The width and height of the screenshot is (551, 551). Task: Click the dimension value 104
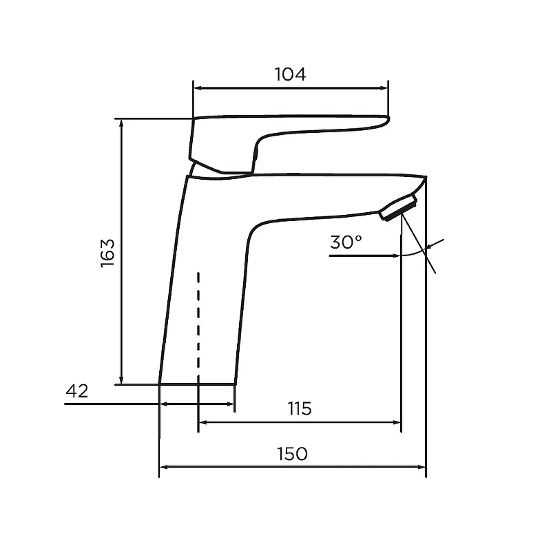click(x=290, y=74)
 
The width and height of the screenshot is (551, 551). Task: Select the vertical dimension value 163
click(x=107, y=253)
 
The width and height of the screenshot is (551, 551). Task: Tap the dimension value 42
click(x=77, y=391)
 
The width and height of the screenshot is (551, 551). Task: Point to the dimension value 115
click(x=300, y=408)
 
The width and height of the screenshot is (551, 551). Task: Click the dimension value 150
click(x=292, y=454)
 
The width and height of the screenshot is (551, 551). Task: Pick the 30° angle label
click(x=346, y=242)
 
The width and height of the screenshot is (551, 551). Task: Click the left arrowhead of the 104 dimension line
click(x=198, y=88)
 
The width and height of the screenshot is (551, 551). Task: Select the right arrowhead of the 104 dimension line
click(x=384, y=88)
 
